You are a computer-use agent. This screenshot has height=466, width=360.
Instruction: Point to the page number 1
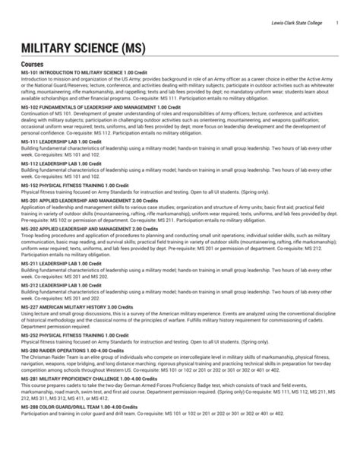coord(336,27)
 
